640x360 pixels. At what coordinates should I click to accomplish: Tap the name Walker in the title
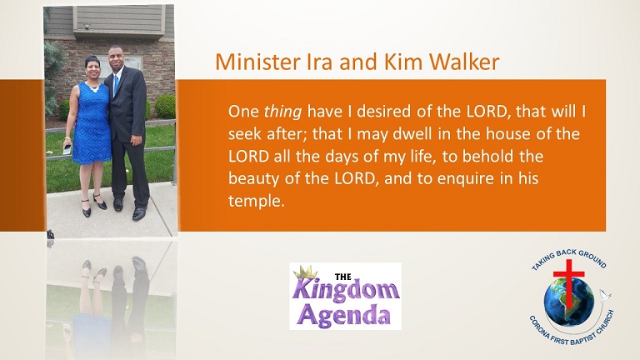pyautogui.click(x=464, y=62)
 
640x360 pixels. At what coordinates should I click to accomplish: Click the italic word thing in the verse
pyautogui.click(x=282, y=112)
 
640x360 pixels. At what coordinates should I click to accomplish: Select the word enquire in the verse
pyautogui.click(x=465, y=179)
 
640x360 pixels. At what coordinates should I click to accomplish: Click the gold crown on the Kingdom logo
pyautogui.click(x=306, y=272)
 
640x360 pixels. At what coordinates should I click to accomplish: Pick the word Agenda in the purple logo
pyautogui.click(x=342, y=316)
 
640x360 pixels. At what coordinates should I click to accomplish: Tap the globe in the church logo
pyautogui.click(x=568, y=302)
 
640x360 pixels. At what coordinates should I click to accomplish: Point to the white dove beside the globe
pyautogui.click(x=604, y=294)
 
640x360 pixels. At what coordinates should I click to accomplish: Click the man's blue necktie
pyautogui.click(x=117, y=83)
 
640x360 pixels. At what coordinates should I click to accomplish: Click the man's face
pyautogui.click(x=115, y=58)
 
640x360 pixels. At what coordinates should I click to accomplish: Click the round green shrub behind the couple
pyautogui.click(x=165, y=107)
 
